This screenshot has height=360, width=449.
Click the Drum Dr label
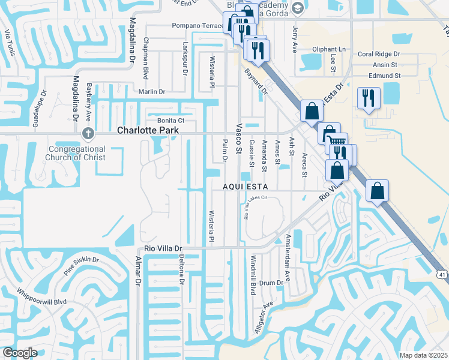coord(271,282)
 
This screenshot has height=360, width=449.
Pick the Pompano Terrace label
coord(197,25)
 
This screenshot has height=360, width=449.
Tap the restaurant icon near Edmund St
coord(368,97)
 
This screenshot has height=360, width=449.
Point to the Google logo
coord(20,353)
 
